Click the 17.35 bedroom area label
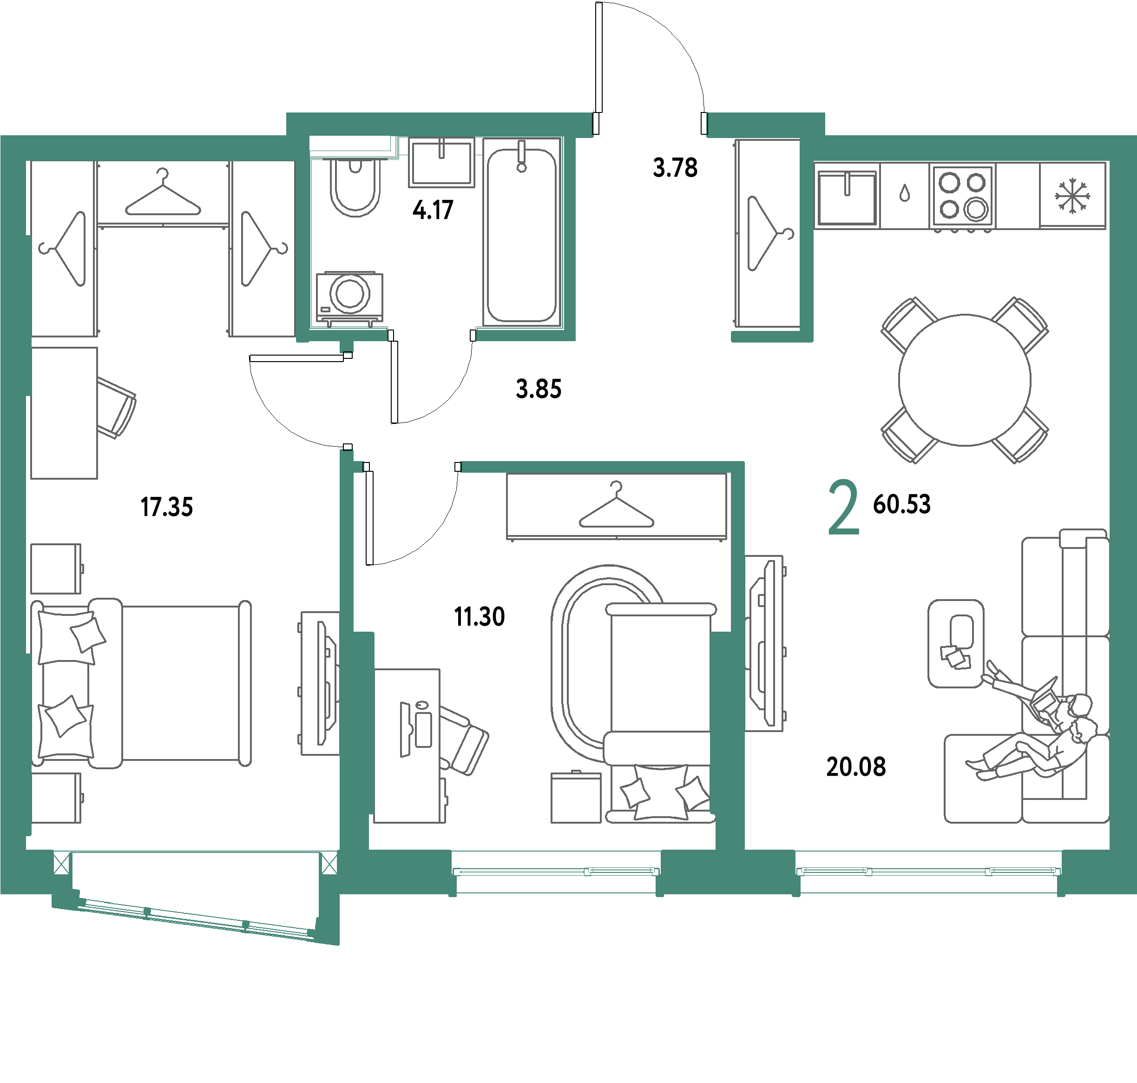pos(167,507)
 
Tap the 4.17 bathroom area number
pos(433,210)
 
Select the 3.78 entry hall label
pos(675,167)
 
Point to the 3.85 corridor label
pos(539,389)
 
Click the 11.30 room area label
pos(479,616)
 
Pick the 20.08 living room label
pos(856,766)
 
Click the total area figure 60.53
pos(901,504)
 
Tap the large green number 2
pos(844,508)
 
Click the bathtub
pos(522,232)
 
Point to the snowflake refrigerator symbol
pos(1072,196)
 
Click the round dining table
pos(965,380)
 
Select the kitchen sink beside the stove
pos(847,197)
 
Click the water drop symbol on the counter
pos(904,193)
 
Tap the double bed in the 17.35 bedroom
pos(141,682)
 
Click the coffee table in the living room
pos(956,644)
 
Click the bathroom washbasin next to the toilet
pos(441,162)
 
